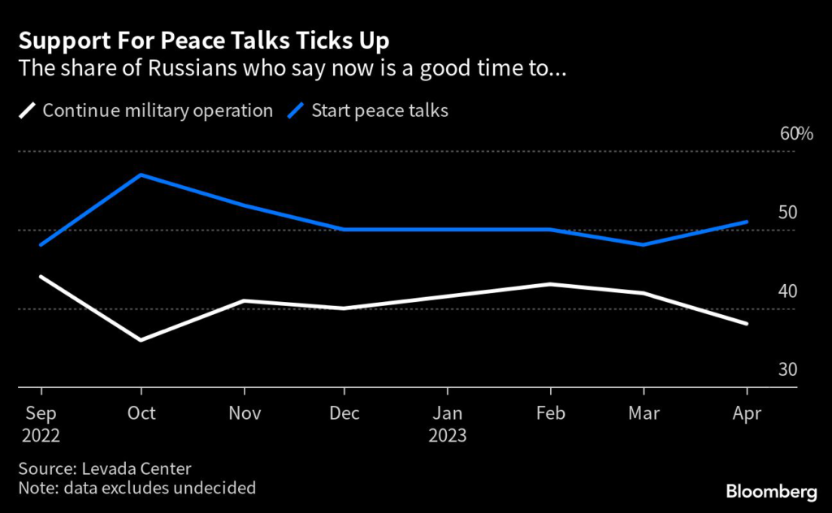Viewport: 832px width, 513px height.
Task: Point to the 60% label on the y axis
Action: [796, 134]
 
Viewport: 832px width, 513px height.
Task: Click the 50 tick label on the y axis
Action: [787, 213]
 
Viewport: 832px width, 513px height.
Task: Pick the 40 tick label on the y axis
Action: [787, 291]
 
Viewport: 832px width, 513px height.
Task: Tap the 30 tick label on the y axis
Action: [787, 369]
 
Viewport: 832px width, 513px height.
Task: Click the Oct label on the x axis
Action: [142, 413]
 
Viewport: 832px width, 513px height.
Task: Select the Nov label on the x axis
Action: [244, 413]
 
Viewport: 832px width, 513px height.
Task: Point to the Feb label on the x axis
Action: [550, 413]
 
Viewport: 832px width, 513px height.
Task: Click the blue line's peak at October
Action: [142, 175]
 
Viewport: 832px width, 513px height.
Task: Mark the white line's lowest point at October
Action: [142, 340]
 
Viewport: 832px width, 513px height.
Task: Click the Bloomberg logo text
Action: [771, 491]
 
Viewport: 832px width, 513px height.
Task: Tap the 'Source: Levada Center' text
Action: [104, 468]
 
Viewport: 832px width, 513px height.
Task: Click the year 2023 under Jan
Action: [448, 436]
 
